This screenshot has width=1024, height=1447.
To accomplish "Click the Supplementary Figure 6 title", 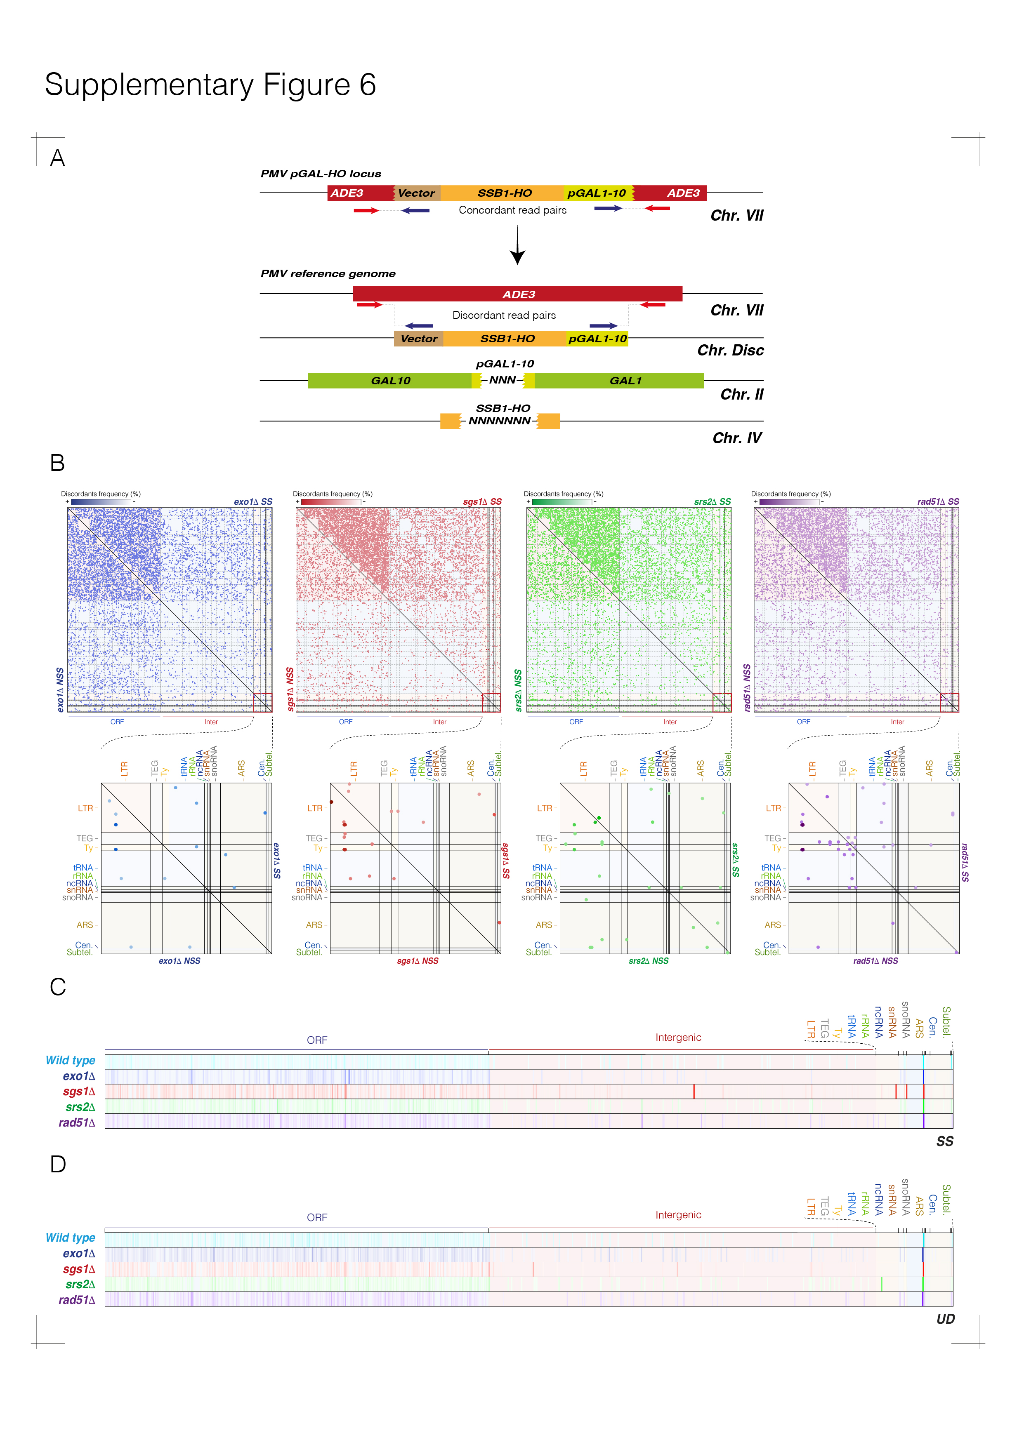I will (x=210, y=85).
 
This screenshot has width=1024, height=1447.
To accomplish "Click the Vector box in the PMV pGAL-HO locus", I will (x=416, y=193).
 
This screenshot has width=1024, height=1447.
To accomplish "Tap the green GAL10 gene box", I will (x=390, y=381).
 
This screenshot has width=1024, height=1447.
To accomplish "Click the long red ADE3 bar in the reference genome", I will (x=518, y=294).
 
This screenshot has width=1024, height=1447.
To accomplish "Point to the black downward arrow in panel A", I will (x=518, y=246).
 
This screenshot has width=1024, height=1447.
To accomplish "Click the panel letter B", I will (x=57, y=463).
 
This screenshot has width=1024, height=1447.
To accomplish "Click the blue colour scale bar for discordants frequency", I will (x=101, y=502).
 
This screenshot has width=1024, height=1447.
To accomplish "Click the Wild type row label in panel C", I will (x=70, y=1061).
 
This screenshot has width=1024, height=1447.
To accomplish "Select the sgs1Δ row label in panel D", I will (x=79, y=1269).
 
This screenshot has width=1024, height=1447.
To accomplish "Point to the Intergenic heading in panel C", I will (x=678, y=1038).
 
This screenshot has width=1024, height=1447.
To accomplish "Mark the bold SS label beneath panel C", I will (x=944, y=1141).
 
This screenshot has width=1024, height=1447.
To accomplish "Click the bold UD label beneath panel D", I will (x=945, y=1319).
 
